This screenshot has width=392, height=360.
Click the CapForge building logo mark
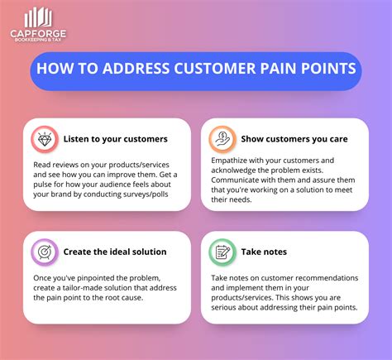click(x=37, y=17)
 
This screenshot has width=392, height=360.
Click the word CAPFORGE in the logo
click(x=38, y=34)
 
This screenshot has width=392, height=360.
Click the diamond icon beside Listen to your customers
click(x=44, y=139)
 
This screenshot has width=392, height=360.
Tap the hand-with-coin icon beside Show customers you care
click(x=221, y=138)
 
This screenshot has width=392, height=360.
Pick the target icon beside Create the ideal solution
click(x=44, y=252)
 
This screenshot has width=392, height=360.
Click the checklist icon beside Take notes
click(x=221, y=252)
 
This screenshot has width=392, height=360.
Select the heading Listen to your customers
click(x=116, y=139)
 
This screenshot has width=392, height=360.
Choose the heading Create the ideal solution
click(x=115, y=252)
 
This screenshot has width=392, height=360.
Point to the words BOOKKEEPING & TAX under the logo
click(x=38, y=42)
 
